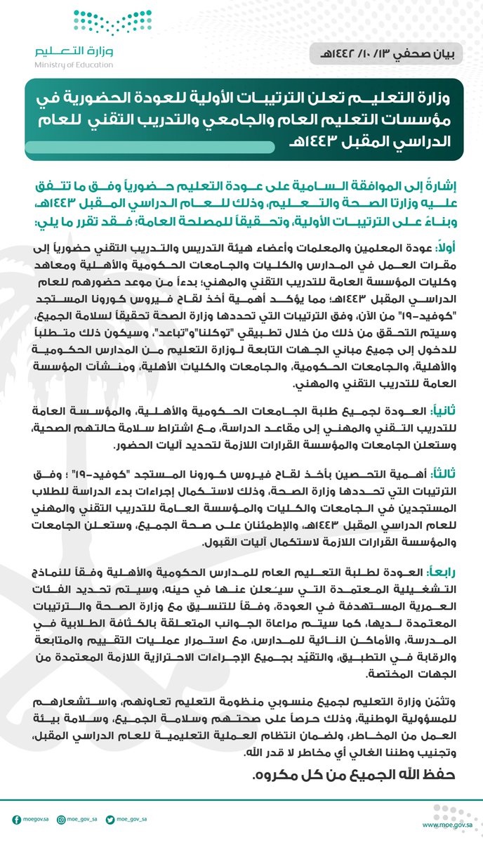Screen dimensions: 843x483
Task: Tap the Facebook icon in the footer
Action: click(16, 818)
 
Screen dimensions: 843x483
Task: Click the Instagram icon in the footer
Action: click(62, 818)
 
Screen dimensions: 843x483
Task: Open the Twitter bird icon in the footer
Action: click(111, 818)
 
